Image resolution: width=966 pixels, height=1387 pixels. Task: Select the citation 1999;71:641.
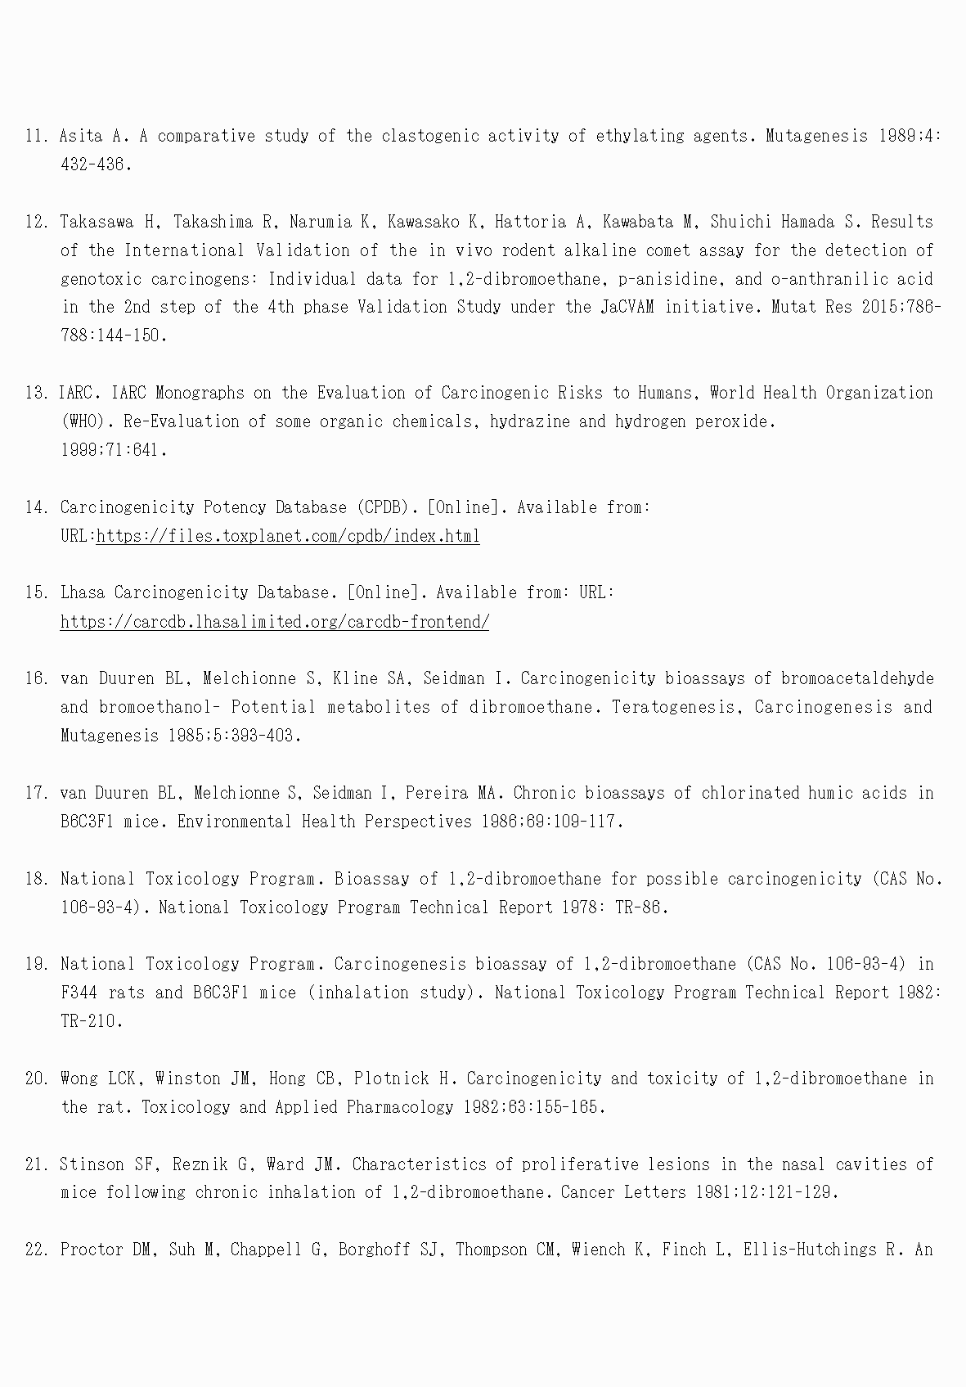click(x=114, y=450)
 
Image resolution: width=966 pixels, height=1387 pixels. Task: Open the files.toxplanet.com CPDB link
click(x=288, y=536)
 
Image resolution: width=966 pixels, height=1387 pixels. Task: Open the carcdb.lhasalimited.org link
click(x=275, y=622)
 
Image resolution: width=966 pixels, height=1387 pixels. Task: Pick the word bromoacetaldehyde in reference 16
click(x=857, y=678)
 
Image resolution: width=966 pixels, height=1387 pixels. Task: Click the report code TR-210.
click(x=91, y=1021)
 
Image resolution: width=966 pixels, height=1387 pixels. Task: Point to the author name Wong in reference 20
click(x=79, y=1079)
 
